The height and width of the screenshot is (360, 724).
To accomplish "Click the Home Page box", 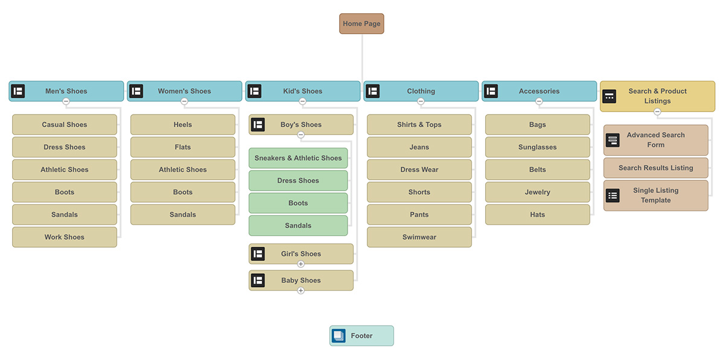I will [361, 24].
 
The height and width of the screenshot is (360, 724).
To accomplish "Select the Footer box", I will [361, 336].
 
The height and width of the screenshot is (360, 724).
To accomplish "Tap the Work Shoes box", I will [65, 237].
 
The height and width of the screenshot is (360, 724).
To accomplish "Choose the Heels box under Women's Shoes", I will [183, 125].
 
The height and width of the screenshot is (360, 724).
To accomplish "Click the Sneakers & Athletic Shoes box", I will [298, 158].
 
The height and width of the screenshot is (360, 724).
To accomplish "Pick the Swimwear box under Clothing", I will [419, 237].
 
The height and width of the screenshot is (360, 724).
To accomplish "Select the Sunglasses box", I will [538, 147].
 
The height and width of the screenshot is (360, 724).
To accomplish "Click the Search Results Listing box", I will [656, 168].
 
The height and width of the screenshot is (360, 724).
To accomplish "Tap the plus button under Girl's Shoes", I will [301, 264].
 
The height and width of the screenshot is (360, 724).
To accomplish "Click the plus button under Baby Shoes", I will [301, 291].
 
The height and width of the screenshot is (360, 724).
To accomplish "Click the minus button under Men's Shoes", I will [66, 101].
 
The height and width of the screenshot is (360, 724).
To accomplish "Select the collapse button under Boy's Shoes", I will [301, 135].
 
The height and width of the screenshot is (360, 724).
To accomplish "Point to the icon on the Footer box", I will [339, 336].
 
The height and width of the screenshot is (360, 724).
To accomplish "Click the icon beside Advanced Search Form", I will [612, 140].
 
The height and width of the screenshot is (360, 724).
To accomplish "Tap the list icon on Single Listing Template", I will [612, 195].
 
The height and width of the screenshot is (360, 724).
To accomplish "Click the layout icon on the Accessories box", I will [491, 91].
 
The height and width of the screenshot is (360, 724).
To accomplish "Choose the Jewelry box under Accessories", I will [538, 192].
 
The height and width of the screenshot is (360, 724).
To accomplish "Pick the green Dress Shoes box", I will [298, 180].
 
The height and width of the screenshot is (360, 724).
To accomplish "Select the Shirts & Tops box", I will [419, 125].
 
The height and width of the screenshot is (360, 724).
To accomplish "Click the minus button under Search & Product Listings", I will [657, 112].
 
